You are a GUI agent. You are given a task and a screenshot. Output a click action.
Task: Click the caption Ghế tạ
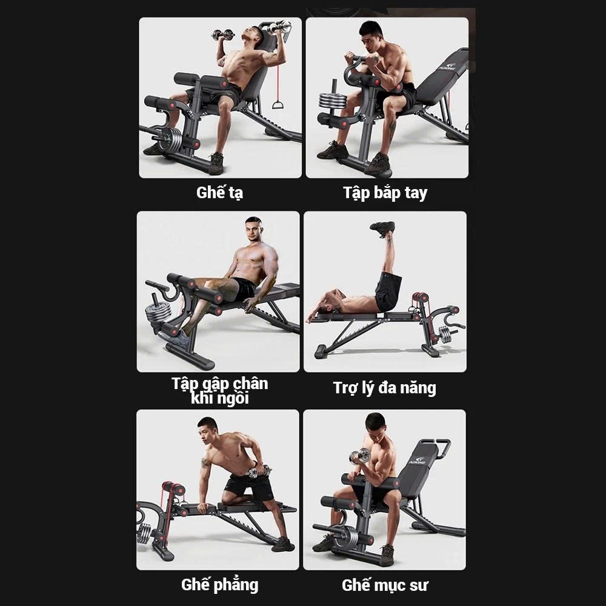click(x=219, y=193)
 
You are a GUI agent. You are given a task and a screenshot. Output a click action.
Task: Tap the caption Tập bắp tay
click(x=385, y=193)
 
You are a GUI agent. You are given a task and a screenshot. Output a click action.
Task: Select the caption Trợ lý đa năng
click(x=385, y=388)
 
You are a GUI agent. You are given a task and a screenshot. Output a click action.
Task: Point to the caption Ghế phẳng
click(x=219, y=585)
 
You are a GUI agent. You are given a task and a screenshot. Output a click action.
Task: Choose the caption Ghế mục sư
click(x=385, y=585)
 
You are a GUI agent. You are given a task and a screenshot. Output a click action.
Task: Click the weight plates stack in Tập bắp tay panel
click(x=332, y=100)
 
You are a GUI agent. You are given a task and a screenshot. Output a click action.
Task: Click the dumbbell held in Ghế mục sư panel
click(x=359, y=456)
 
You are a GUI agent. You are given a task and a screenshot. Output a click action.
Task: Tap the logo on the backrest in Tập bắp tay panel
click(x=448, y=67)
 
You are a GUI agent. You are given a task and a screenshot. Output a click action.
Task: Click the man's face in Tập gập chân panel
click(x=252, y=229)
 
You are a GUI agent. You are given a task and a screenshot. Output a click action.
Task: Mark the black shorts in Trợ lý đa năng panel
click(x=388, y=292)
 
